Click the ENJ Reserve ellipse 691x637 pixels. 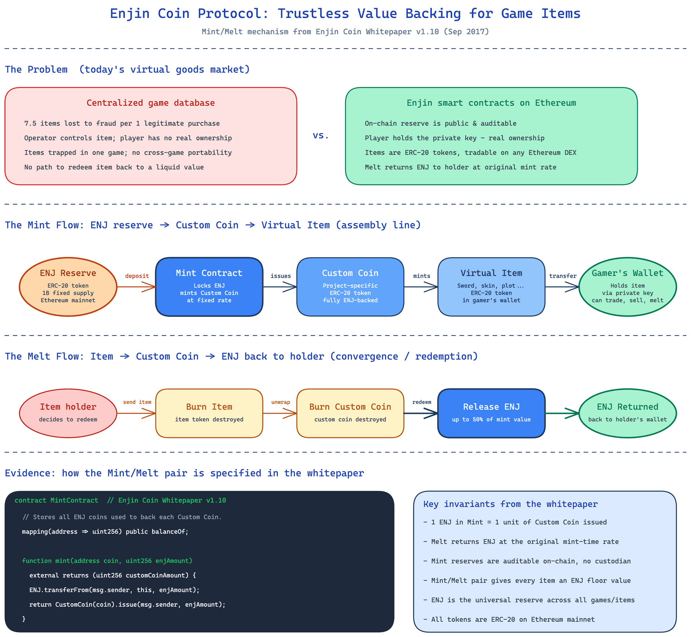68,287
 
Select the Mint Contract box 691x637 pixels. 209,287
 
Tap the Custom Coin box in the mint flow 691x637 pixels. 350,287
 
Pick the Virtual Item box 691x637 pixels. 491,287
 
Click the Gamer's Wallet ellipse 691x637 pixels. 628,287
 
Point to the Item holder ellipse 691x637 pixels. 68,413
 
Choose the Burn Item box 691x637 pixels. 209,413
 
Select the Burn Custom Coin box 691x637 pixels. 350,413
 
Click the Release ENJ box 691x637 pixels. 491,413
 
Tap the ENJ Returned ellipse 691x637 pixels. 628,413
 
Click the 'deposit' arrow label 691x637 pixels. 137,276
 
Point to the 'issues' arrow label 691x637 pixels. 281,276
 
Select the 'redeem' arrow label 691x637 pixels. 422,402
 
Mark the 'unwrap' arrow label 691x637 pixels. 281,402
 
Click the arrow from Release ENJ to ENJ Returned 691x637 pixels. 562,413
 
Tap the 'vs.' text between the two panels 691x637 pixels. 321,135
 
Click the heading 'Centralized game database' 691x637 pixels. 150,103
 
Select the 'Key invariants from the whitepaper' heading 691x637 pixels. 510,504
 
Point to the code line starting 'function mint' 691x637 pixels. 107,560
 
